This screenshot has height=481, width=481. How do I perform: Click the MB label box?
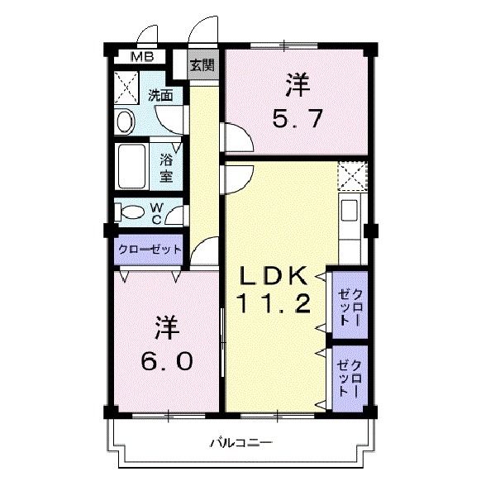point(145,57)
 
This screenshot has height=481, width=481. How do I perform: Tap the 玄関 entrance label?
point(201,64)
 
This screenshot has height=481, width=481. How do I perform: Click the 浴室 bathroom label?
point(166,168)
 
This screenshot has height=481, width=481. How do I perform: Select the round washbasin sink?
point(126,122)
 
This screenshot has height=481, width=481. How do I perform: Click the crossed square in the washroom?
point(127,86)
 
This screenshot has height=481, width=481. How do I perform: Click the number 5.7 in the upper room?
point(297,119)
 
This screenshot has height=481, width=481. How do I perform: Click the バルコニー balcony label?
point(240,442)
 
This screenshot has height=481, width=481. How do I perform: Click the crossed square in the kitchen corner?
point(351,177)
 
